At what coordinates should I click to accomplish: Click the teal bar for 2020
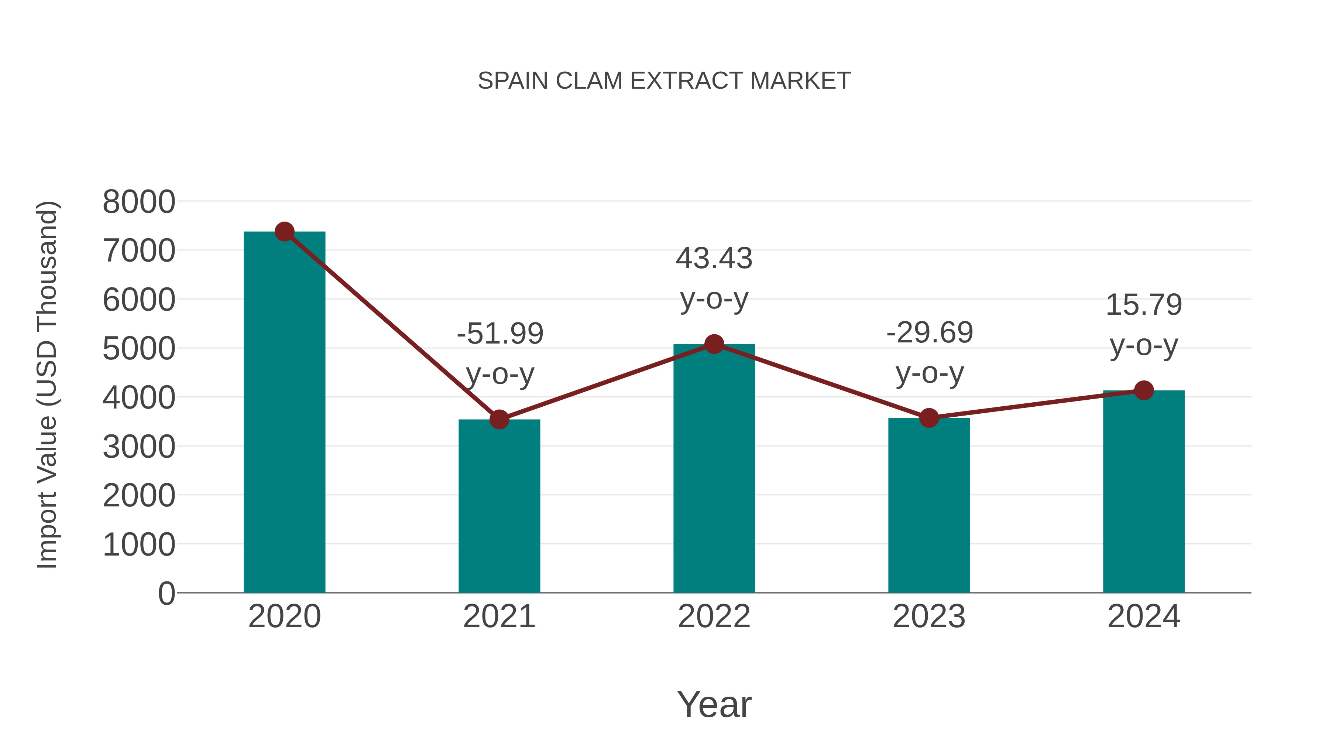coord(284,413)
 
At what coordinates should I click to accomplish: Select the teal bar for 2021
coord(499,506)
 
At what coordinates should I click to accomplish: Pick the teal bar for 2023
coord(929,506)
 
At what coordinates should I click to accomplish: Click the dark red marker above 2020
coord(284,232)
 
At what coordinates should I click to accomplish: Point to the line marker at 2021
coord(499,420)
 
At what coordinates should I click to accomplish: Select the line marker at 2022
coord(714,344)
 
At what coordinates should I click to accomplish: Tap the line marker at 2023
coord(929,418)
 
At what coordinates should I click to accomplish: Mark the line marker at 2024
coord(1144,390)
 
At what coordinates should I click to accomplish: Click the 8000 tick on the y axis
coord(139,202)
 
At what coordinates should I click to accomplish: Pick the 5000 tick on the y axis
coord(139,349)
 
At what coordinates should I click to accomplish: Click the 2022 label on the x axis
coord(714,616)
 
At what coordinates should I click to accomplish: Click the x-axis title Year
coord(714,704)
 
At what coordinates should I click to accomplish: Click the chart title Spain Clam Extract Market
coord(664,81)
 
